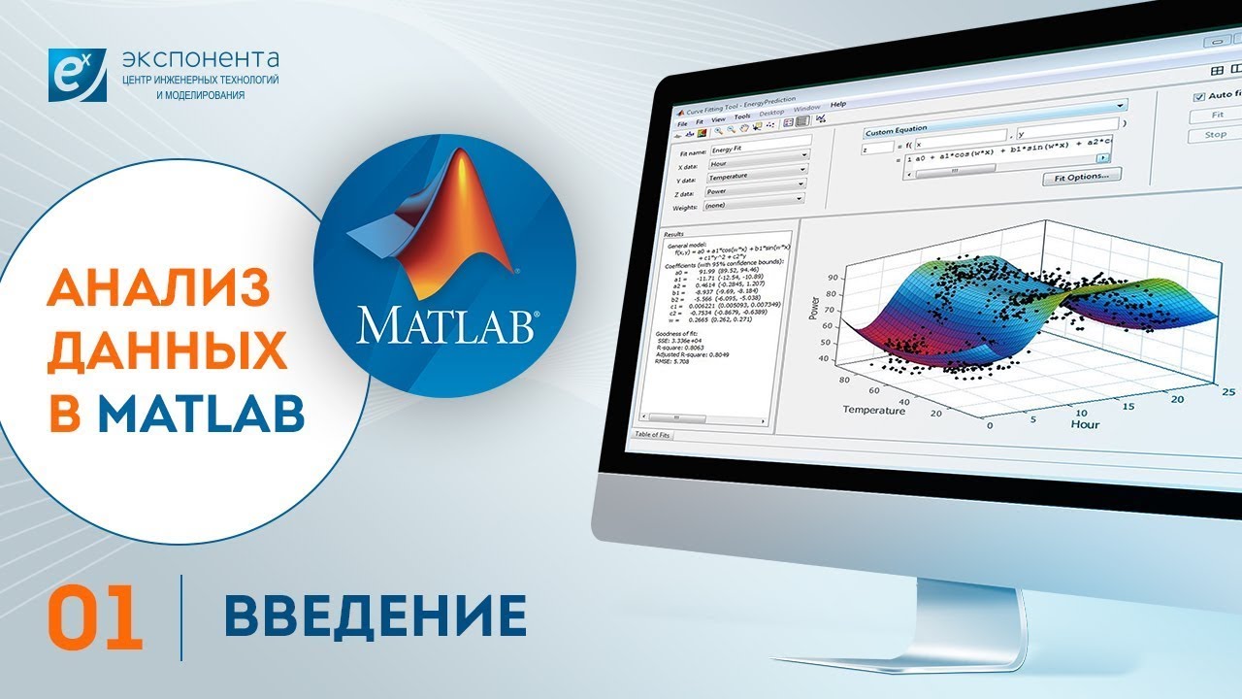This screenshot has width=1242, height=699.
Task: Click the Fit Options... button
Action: click(x=1081, y=176)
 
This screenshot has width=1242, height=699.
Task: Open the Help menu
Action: click(x=838, y=105)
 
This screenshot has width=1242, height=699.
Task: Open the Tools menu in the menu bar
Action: click(x=741, y=116)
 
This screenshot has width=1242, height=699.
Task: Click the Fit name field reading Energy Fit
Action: click(x=759, y=150)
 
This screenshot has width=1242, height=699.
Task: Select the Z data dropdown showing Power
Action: click(x=756, y=191)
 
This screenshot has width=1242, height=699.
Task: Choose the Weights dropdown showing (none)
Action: click(x=754, y=206)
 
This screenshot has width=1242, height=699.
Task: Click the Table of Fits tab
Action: click(x=652, y=434)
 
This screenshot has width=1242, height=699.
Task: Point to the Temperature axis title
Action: click(x=873, y=410)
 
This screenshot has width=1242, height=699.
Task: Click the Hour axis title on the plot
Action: click(x=1085, y=424)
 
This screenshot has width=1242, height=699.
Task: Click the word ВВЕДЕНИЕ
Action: click(x=376, y=616)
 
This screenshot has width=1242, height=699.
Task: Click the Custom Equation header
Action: click(x=898, y=128)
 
